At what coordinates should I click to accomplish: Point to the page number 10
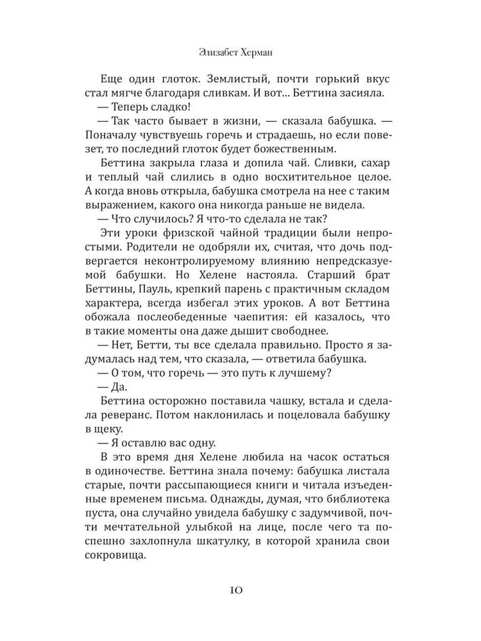240,590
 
